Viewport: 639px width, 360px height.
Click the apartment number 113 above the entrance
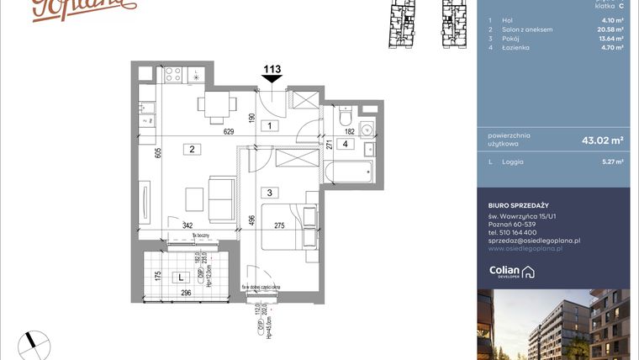pos(272,70)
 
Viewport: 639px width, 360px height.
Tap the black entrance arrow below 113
pos(272,80)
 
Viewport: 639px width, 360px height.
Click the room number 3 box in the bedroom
pos(270,193)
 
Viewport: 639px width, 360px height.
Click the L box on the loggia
pos(179,276)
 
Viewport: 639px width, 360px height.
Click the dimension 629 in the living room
pos(229,131)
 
